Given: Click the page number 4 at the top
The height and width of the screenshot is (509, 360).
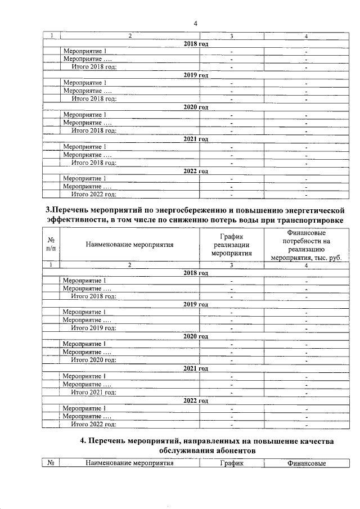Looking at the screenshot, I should (x=195, y=23).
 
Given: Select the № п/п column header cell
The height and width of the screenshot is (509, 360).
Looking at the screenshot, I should (x=51, y=244).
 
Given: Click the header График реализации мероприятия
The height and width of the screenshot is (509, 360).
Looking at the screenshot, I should (x=231, y=245).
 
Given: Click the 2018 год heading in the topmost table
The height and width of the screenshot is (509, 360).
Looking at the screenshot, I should (x=196, y=43).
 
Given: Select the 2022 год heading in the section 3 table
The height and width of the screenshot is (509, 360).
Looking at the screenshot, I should (x=196, y=401).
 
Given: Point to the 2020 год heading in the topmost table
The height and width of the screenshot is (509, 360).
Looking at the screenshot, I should (x=196, y=107).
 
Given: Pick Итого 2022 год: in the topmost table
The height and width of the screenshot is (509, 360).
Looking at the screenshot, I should (x=93, y=194).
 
